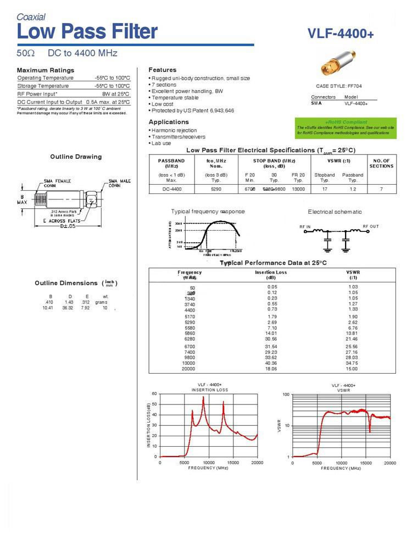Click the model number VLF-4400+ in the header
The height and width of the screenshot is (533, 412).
pos(341,34)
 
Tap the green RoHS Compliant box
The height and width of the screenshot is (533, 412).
pos(346,127)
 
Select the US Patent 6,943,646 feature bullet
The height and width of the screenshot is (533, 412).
pos(192,111)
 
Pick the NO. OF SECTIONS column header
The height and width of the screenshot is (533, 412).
pos(381,163)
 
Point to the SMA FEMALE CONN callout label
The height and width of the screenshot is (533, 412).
pos(57,184)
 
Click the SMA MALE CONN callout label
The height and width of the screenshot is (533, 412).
pos(119,184)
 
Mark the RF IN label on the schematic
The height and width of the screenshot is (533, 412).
pos(305,226)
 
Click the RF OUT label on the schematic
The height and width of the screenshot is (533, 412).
pos(370,226)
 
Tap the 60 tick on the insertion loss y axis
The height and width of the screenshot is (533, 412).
pos(154,394)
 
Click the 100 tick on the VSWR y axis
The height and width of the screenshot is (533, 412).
pos(286,395)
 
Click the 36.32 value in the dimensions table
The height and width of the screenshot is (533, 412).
pos(68,308)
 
